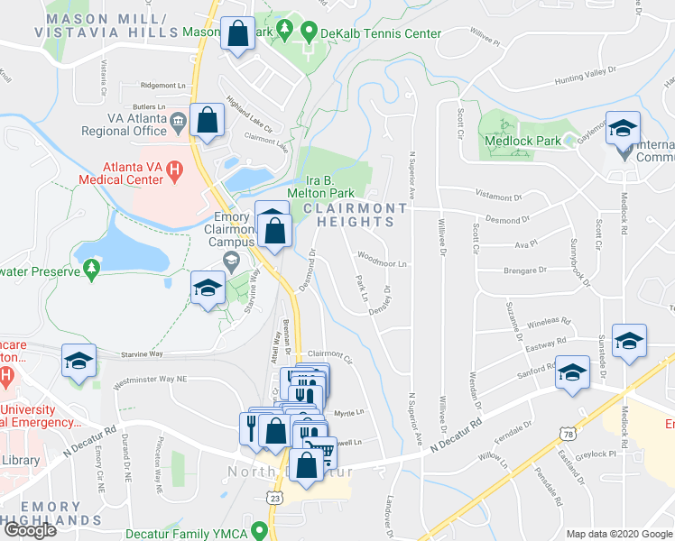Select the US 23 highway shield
click(x=273, y=497)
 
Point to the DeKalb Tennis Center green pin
click(x=308, y=33)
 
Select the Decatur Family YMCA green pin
click(x=260, y=530)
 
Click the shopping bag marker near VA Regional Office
click(x=207, y=120)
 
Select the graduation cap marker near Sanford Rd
click(x=572, y=371)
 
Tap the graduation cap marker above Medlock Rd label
click(x=623, y=128)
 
